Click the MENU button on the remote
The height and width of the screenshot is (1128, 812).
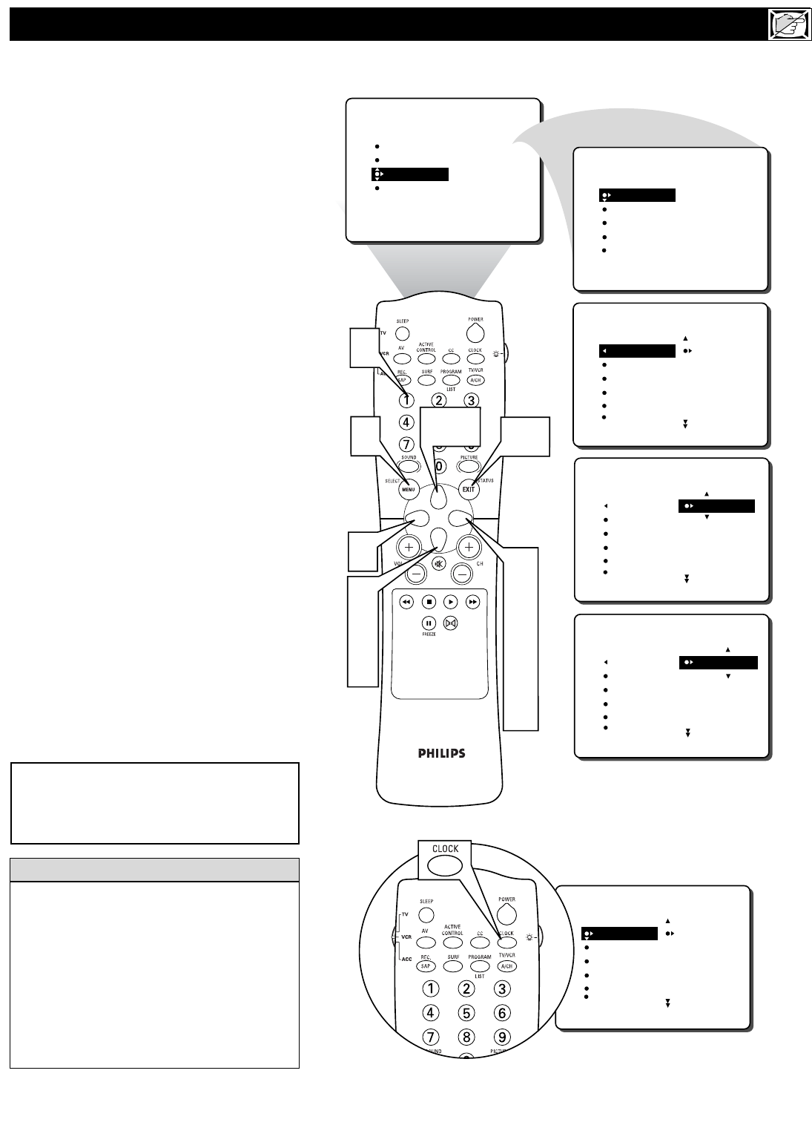(x=409, y=489)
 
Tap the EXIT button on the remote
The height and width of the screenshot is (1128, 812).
(x=469, y=489)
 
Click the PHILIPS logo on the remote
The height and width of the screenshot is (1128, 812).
(x=441, y=753)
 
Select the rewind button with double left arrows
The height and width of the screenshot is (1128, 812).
(x=406, y=602)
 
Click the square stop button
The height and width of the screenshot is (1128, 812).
(x=429, y=602)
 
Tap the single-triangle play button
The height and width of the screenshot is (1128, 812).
(x=451, y=602)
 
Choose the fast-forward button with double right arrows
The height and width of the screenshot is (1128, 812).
(x=472, y=602)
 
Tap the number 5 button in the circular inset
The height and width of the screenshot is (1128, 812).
(x=466, y=1012)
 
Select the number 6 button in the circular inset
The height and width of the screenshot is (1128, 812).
(x=502, y=1012)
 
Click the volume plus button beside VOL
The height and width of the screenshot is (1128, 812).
(x=409, y=548)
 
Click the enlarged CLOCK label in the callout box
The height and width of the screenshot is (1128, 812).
(x=445, y=849)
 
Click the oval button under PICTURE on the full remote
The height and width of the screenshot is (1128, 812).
(x=469, y=468)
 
